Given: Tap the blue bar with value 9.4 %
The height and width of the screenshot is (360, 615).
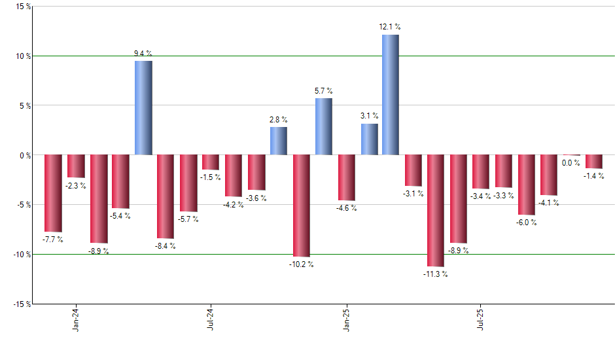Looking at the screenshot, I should click(x=143, y=108).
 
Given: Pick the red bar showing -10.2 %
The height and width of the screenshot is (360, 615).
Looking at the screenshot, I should click(x=301, y=206).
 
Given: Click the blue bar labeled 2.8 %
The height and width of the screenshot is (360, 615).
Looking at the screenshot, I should click(x=278, y=141).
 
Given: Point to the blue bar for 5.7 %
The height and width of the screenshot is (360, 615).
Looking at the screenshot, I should click(x=323, y=126).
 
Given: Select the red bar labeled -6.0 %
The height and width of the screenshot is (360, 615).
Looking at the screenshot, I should click(x=526, y=185).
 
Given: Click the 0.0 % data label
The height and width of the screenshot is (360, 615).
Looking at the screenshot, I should click(x=571, y=163).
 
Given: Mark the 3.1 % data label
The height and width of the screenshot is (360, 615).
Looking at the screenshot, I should click(x=369, y=116).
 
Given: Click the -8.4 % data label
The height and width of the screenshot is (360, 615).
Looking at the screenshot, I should click(x=166, y=246).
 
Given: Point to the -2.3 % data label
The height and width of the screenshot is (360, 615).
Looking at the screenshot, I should click(x=76, y=186).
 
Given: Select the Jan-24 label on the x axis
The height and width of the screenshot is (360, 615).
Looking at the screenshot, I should click(x=76, y=318).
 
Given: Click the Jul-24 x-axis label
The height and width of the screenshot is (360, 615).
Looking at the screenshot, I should click(x=211, y=318).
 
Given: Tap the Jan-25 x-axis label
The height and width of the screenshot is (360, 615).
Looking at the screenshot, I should click(x=346, y=318).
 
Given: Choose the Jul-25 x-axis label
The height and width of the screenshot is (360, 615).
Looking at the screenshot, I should click(x=481, y=318).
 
